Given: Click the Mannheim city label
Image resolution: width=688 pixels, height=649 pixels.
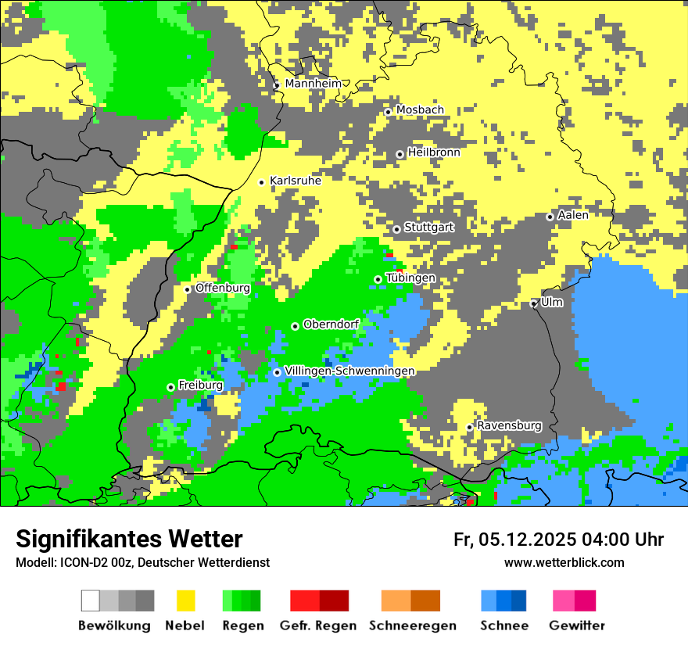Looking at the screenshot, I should (x=314, y=84).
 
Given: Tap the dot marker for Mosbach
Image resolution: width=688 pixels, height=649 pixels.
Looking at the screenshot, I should (x=388, y=112).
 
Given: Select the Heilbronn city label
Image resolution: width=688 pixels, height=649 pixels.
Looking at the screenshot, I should (x=434, y=152).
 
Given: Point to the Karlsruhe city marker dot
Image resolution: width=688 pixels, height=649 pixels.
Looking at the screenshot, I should (x=262, y=182).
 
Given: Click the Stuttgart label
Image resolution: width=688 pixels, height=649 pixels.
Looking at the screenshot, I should (x=428, y=228).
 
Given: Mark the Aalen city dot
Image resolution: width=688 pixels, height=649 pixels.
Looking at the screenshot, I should (x=550, y=217).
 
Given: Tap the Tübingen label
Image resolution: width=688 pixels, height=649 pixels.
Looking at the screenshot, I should (x=410, y=278).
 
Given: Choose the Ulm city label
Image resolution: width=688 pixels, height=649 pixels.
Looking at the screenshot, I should (x=552, y=302).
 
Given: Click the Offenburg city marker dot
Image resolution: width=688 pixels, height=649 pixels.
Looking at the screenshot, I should (x=187, y=289).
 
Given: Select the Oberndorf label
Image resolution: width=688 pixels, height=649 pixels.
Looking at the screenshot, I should (x=331, y=324).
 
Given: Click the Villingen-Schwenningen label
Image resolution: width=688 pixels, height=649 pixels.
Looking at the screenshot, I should (x=350, y=371).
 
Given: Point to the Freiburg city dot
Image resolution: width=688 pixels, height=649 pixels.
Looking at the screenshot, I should (x=170, y=387).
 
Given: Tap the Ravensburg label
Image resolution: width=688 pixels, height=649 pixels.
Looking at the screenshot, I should (x=509, y=426).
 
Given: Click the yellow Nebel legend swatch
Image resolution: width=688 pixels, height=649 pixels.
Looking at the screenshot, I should (x=185, y=601).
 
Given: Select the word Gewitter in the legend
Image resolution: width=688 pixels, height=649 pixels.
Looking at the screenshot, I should (x=576, y=626).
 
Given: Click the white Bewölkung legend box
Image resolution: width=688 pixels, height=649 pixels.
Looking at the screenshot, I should (x=91, y=601).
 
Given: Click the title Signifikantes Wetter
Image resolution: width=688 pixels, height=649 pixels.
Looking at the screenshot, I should (x=129, y=540).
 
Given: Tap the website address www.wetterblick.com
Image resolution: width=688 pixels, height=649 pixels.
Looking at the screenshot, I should (x=564, y=563).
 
